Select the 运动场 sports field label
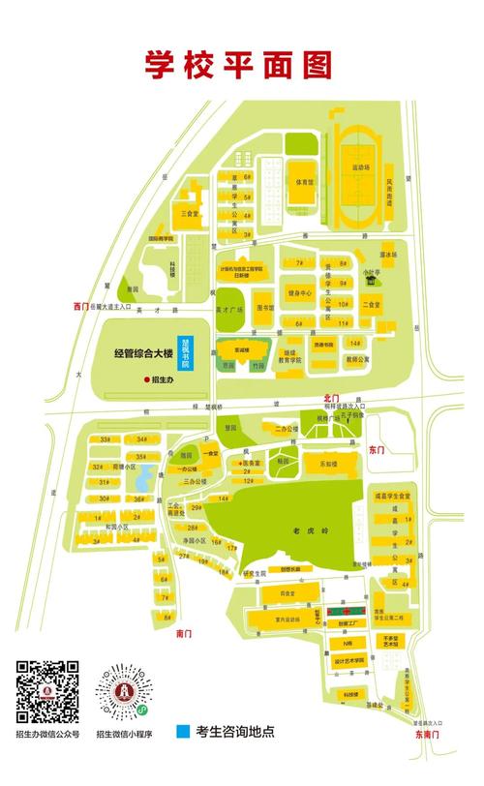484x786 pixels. coord(362,167)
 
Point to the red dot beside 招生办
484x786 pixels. coord(146,380)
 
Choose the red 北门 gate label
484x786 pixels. coord(332,397)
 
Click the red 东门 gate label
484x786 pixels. coord(378,450)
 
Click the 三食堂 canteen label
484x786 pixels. coord(191,212)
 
